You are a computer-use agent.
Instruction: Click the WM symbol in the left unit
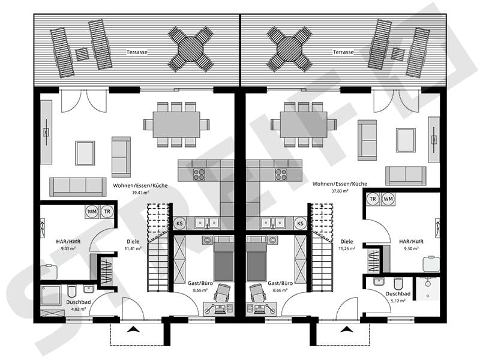click(92, 212)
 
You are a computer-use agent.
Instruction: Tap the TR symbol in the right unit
click(373, 199)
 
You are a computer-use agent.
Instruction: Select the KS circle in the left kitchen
click(179, 223)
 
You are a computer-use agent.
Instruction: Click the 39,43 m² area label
click(140, 193)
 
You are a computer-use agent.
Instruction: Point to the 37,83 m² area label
click(340, 191)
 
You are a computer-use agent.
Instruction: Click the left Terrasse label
click(137, 52)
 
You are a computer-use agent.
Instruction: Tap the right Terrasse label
click(343, 52)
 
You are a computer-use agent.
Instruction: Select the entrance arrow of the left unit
click(133, 329)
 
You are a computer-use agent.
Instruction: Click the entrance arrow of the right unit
click(347, 329)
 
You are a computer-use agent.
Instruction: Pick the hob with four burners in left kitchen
click(199, 175)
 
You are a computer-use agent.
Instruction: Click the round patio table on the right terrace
click(290, 49)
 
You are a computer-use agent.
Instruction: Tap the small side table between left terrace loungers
click(82, 55)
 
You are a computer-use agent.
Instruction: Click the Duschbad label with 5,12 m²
click(398, 294)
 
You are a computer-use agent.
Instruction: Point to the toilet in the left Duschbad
click(71, 292)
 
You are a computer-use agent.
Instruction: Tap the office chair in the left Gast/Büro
click(222, 293)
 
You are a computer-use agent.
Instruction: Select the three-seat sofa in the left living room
click(78, 187)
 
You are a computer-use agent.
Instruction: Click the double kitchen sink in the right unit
click(272, 223)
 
